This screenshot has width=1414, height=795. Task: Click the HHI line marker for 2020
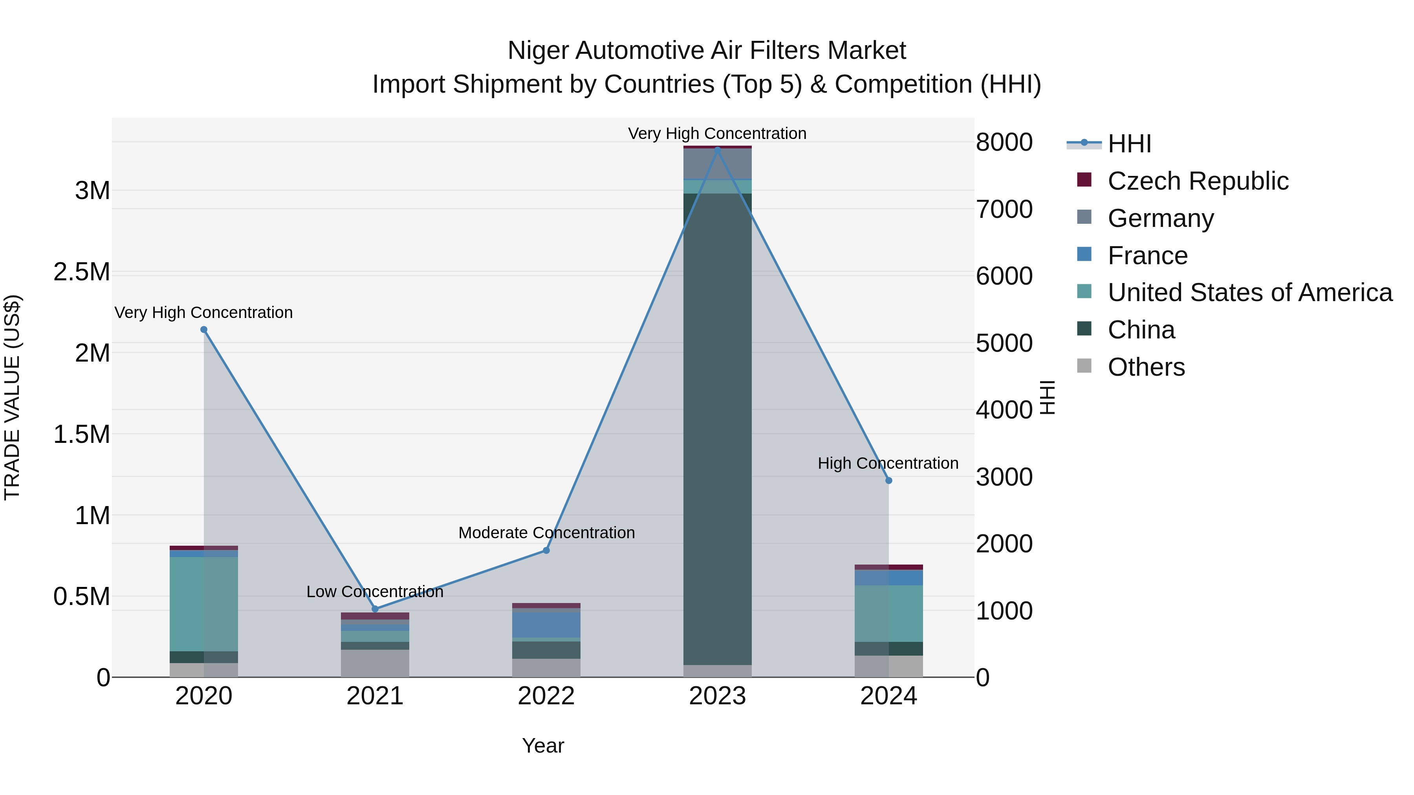tap(203, 330)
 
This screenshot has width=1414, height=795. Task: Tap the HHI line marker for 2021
tap(375, 609)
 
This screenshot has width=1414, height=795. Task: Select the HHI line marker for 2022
tap(546, 550)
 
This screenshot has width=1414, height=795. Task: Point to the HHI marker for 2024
tap(889, 481)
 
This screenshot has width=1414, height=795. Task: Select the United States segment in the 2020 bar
tap(203, 603)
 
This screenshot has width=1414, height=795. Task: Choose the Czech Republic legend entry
tap(1197, 181)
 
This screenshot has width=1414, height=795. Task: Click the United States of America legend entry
tap(1249, 292)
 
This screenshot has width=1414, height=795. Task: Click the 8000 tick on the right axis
tap(1004, 142)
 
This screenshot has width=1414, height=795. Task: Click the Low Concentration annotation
tap(375, 592)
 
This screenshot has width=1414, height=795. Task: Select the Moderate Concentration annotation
tap(546, 533)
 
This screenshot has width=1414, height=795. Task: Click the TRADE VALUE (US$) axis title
tap(12, 397)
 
